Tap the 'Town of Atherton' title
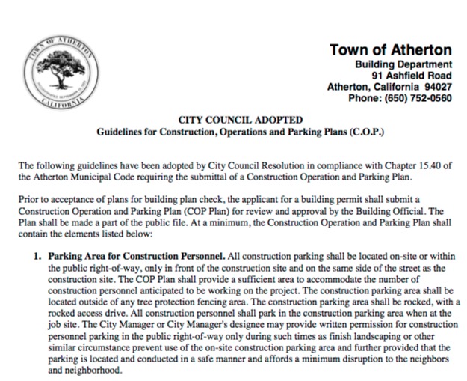click(x=390, y=50)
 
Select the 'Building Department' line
click(x=403, y=65)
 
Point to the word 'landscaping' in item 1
click(x=380, y=338)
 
